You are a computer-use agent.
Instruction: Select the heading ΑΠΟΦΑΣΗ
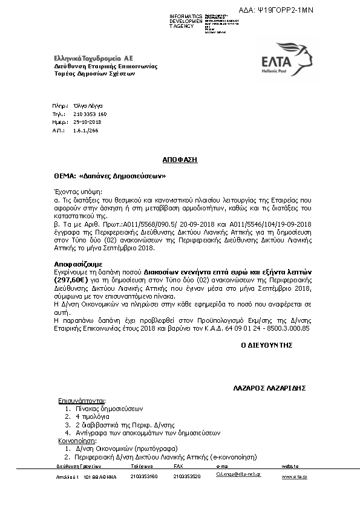[180, 160]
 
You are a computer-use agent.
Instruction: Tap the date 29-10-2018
[87, 122]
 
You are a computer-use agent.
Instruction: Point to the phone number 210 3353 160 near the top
[90, 114]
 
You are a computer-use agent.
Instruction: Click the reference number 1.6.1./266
[85, 130]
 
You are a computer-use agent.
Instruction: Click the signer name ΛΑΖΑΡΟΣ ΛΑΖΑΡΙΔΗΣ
[268, 387]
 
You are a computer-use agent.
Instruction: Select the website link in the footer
[294, 477]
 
